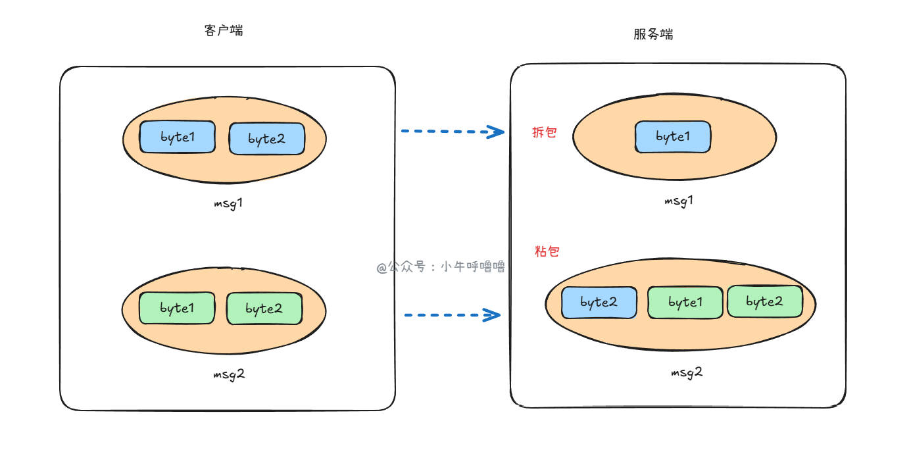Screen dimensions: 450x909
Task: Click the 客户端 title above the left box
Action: click(x=224, y=30)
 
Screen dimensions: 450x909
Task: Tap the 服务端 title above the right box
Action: click(x=653, y=34)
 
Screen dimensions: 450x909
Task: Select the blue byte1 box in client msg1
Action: click(x=177, y=137)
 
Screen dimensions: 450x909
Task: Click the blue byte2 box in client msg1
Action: click(x=266, y=138)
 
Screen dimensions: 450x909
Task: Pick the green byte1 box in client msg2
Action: click(x=176, y=308)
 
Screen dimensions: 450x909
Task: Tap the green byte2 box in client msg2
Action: click(x=264, y=309)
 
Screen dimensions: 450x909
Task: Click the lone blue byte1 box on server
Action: click(x=672, y=137)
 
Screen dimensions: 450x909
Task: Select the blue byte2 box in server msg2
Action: click(x=599, y=303)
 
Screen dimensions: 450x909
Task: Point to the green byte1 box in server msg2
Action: click(x=686, y=303)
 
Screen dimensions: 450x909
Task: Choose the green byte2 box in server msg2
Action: click(x=764, y=301)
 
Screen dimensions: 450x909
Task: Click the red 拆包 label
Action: click(x=545, y=132)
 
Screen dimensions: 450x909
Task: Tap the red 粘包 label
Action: click(x=547, y=251)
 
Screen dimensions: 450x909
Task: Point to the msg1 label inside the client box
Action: click(x=228, y=203)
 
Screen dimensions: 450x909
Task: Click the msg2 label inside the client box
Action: click(x=228, y=374)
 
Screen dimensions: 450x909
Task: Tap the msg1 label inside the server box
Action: click(x=679, y=201)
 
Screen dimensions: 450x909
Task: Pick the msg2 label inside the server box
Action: click(x=687, y=372)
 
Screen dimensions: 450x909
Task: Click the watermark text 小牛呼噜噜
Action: click(x=472, y=267)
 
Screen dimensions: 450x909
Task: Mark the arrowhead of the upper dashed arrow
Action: click(x=497, y=132)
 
